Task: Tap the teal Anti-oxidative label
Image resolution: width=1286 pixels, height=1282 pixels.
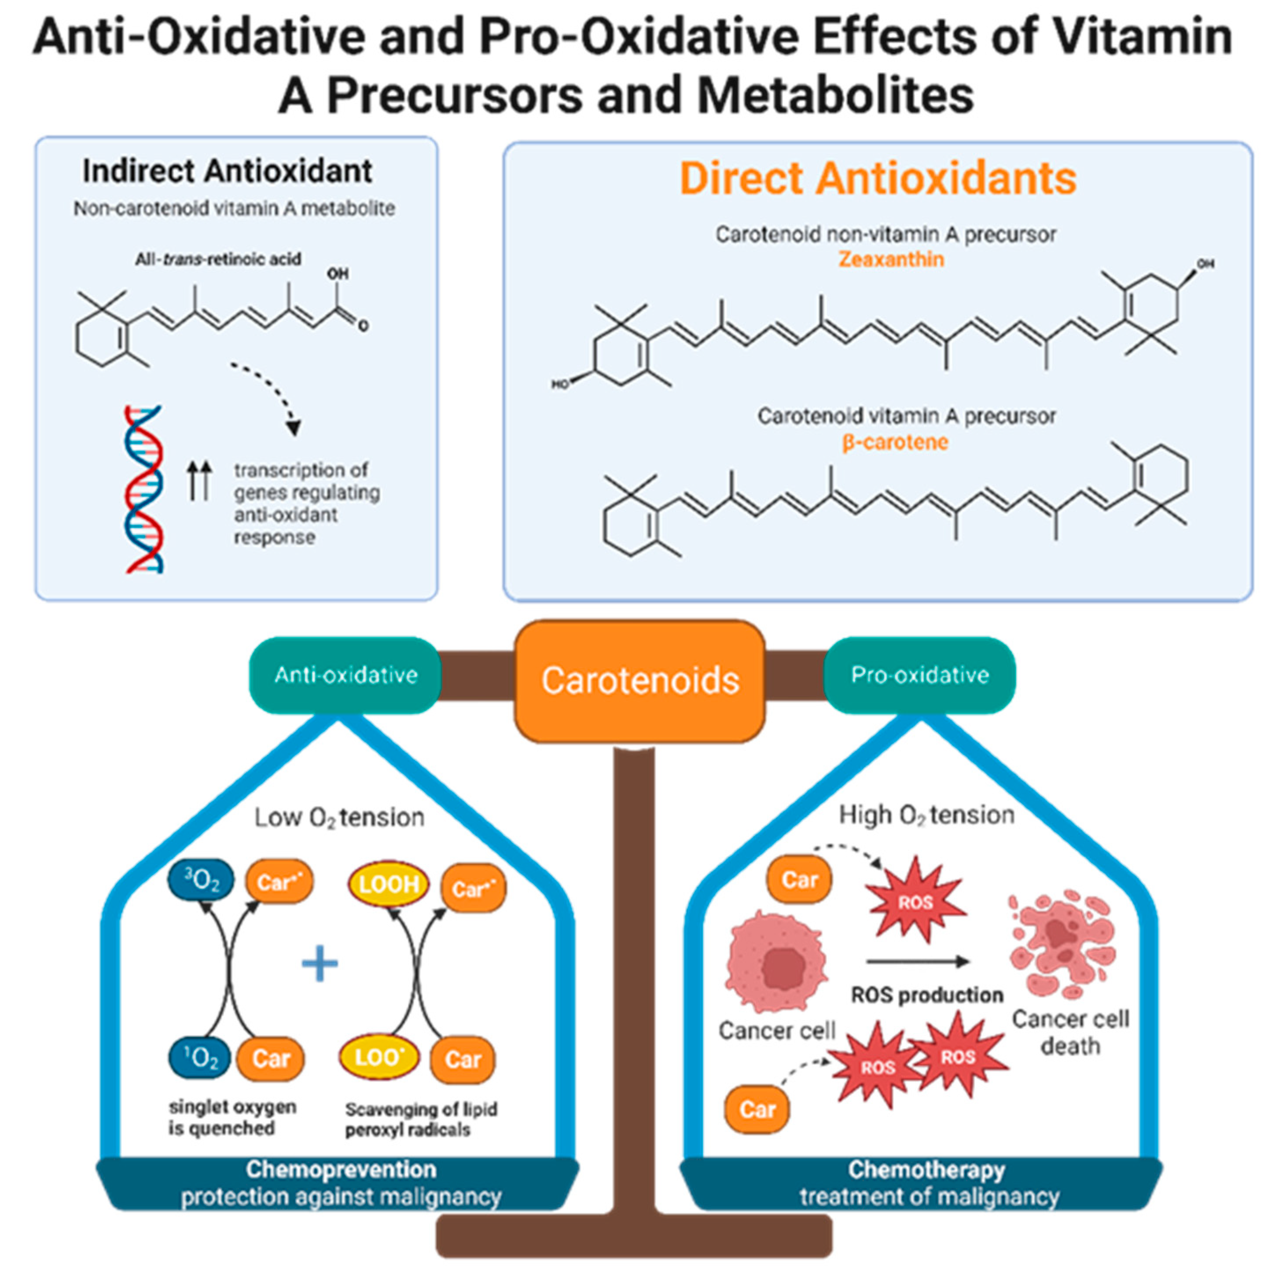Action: point(345,675)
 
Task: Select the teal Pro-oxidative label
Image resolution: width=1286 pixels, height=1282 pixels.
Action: point(919,675)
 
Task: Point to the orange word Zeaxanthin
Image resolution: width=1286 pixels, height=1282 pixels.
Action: point(891,259)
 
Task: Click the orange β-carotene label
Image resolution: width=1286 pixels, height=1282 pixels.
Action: point(895,442)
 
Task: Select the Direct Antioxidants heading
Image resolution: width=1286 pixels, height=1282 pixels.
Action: point(877,178)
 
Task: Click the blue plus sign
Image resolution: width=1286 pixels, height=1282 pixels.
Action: point(320,963)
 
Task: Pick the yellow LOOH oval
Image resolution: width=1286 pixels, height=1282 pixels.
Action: point(389,885)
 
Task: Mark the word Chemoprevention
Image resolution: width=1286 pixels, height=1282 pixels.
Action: point(341,1169)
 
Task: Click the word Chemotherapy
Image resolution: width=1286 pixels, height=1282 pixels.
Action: point(926,1169)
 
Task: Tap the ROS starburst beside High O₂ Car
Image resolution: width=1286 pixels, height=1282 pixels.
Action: point(916,902)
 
